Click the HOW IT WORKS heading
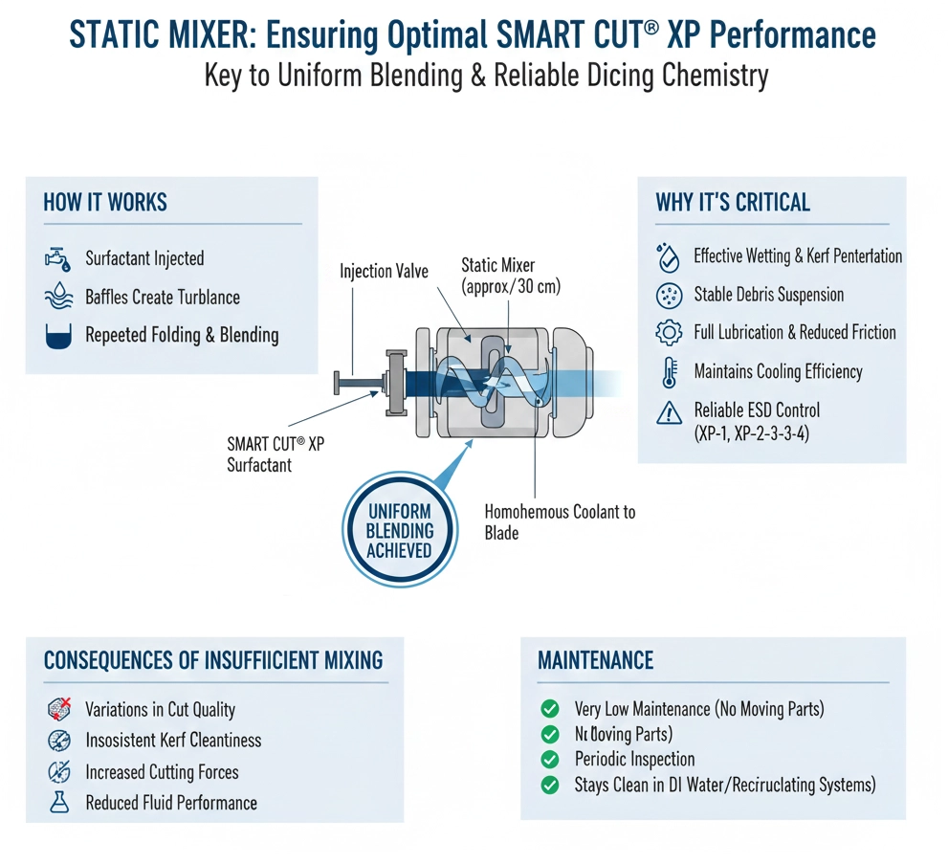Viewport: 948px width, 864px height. point(105,203)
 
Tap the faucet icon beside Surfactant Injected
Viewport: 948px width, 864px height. point(58,258)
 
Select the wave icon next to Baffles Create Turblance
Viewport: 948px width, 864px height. point(58,297)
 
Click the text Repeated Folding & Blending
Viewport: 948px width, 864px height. point(182,335)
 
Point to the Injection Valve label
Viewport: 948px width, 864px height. point(384,272)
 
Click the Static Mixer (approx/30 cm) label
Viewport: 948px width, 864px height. point(511,275)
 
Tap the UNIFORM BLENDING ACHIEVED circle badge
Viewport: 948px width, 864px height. point(400,530)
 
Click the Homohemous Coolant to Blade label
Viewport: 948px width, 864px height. point(560,522)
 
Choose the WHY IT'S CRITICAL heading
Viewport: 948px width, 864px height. point(733,203)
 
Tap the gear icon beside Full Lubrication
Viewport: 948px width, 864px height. point(669,333)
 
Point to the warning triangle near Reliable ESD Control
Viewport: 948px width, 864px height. point(669,412)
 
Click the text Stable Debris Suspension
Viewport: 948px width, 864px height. point(769,295)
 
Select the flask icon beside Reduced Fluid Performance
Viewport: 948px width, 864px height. point(59,803)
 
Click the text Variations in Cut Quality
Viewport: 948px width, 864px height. point(160,710)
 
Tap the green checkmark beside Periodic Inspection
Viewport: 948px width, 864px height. point(550,760)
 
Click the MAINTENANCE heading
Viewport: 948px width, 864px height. point(596,660)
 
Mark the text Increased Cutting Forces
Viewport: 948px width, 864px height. point(162,772)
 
